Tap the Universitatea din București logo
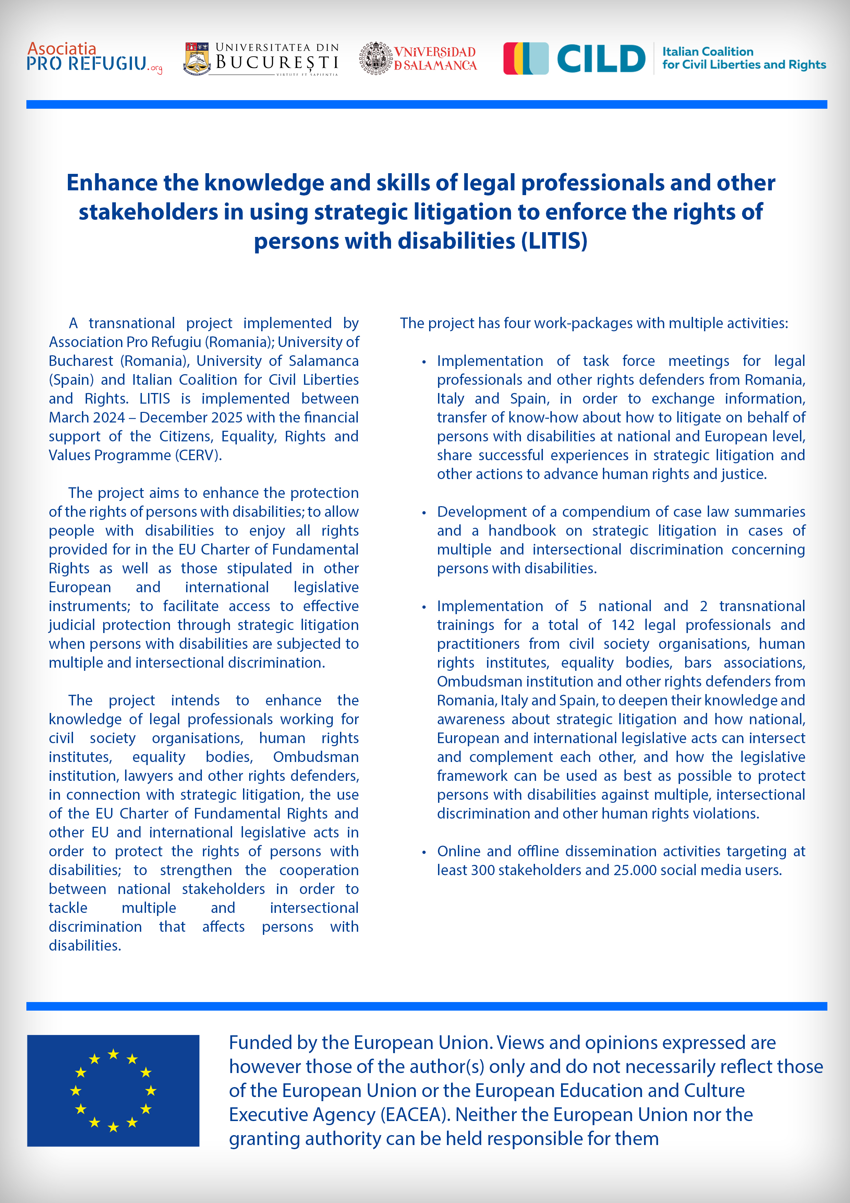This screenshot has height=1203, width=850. point(261,59)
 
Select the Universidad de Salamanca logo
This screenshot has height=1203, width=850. point(418,58)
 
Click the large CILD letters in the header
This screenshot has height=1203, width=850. point(601,58)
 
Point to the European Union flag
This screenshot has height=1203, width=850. point(113,1091)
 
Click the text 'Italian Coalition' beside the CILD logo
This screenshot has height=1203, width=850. point(707,51)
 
